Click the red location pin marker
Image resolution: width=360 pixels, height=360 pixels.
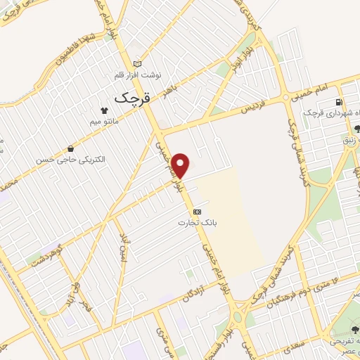(181, 165)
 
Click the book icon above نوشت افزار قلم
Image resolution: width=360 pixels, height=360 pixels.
(136, 63)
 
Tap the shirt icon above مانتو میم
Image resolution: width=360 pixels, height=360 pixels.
(104, 110)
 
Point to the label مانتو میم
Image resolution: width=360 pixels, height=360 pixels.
(104, 122)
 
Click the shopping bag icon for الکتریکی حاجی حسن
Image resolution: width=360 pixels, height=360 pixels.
(72, 148)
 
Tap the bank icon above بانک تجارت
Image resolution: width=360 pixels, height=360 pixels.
(198, 212)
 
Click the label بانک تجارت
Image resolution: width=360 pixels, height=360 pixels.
(197, 223)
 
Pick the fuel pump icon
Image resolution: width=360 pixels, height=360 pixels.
(340, 102)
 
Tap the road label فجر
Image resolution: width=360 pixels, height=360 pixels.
(86, 307)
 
